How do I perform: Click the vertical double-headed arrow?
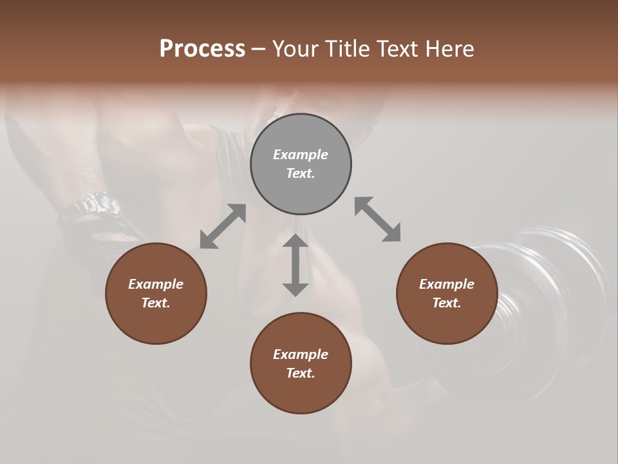tap(295, 265)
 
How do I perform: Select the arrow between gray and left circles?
tap(223, 226)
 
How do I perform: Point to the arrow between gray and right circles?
tap(377, 219)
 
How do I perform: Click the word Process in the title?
tap(202, 48)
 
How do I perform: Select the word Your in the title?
tap(295, 48)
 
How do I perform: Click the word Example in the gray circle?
tap(301, 155)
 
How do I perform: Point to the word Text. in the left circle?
tap(156, 303)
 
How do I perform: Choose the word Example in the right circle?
tap(447, 284)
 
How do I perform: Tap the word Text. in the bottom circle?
tap(301, 373)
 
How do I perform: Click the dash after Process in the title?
tap(259, 50)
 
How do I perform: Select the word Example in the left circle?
tap(156, 284)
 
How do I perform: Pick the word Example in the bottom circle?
tap(301, 354)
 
